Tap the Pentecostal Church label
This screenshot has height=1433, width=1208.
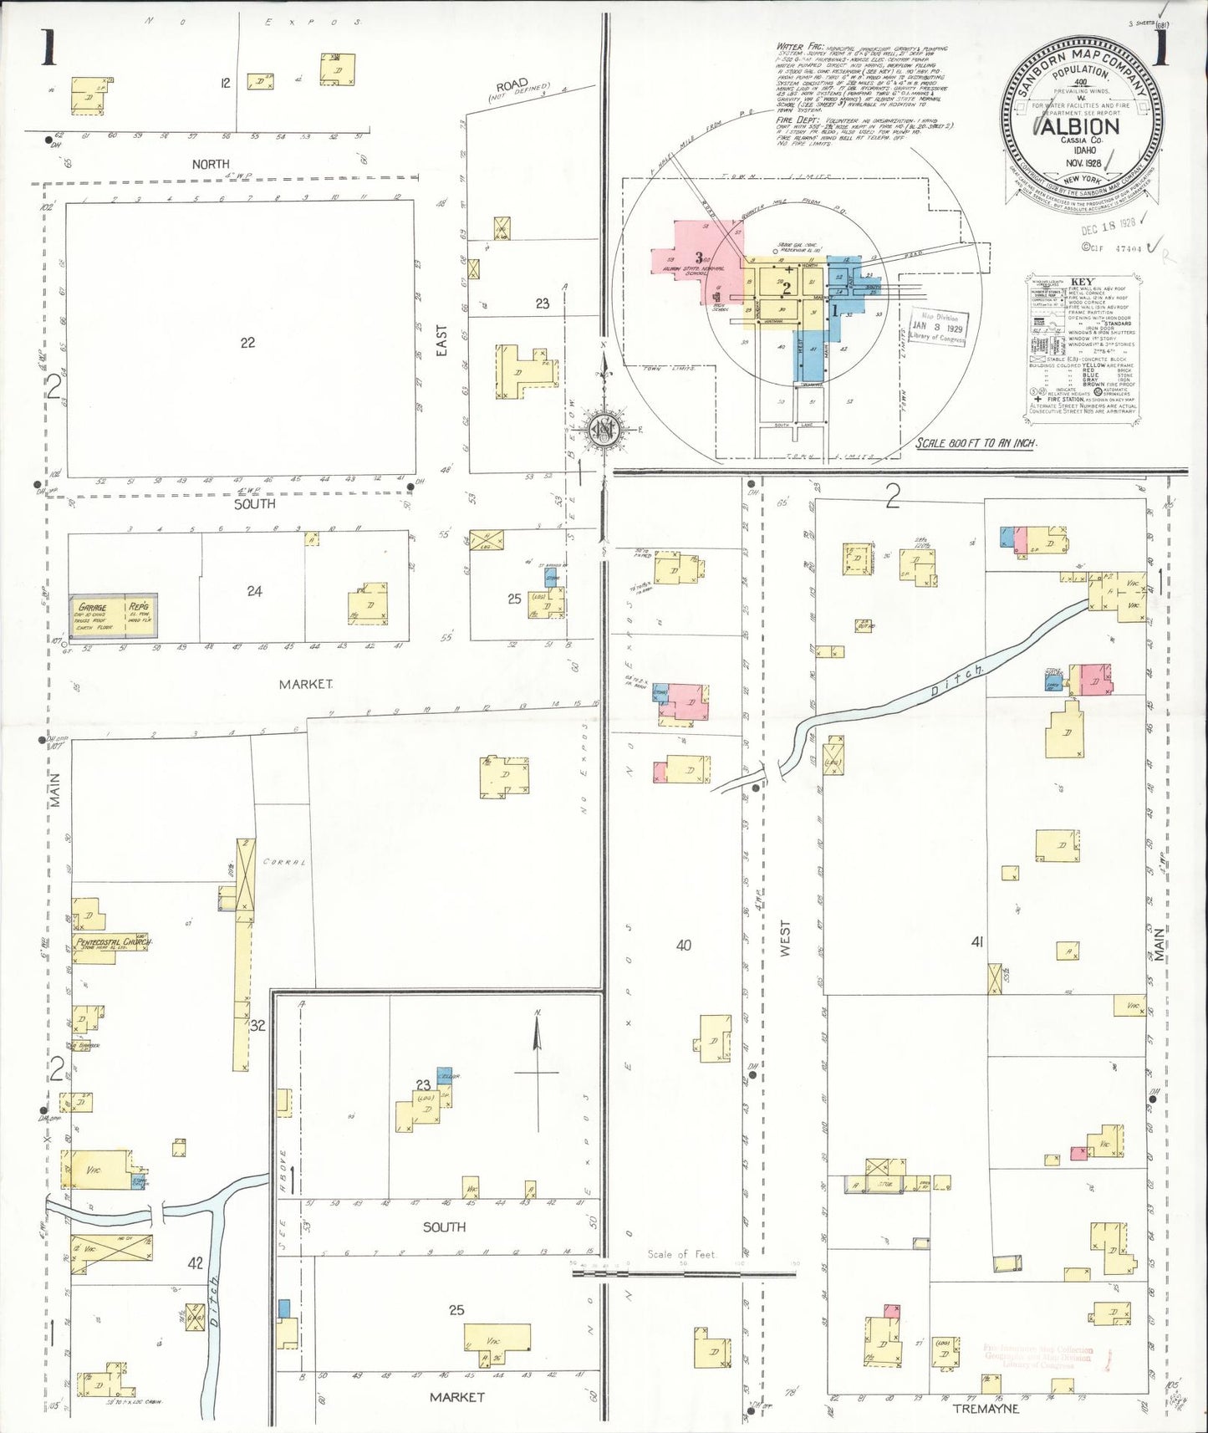113,942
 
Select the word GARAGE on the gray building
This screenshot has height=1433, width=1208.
93,607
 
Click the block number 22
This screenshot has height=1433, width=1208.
247,342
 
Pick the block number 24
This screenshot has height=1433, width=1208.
254,591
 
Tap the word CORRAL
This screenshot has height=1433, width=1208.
284,861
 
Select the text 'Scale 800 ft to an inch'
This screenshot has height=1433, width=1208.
976,443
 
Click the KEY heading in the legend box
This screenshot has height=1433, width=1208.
1081,283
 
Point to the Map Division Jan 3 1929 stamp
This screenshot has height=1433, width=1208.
937,327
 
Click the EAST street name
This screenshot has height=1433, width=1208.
441,341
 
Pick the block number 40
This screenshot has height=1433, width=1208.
683,945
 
